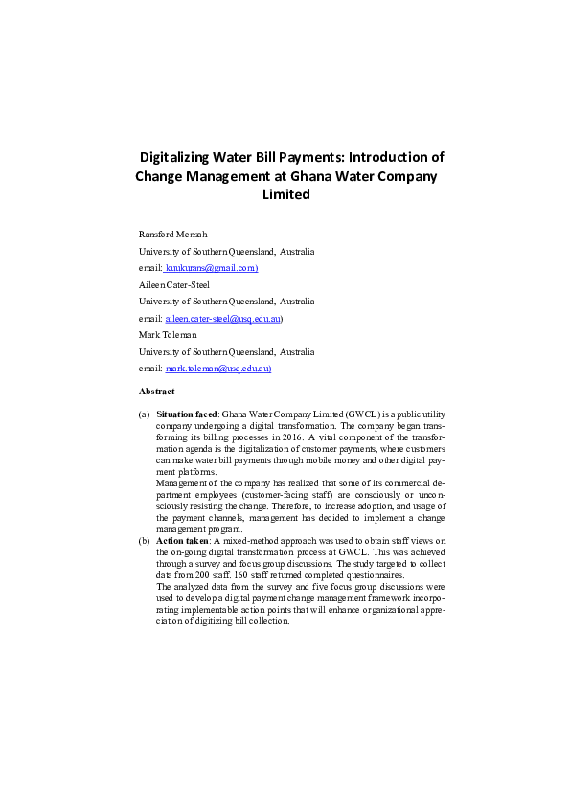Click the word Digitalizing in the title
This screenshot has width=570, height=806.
click(175, 157)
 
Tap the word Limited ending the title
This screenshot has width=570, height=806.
click(286, 194)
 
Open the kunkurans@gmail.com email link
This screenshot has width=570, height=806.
click(213, 268)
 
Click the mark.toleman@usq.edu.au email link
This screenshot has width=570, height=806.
click(217, 368)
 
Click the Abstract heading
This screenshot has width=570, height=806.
click(157, 392)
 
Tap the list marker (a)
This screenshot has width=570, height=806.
click(144, 414)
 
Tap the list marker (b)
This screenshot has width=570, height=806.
click(144, 540)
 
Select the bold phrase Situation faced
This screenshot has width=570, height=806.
click(188, 414)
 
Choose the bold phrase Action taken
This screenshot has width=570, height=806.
click(182, 540)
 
